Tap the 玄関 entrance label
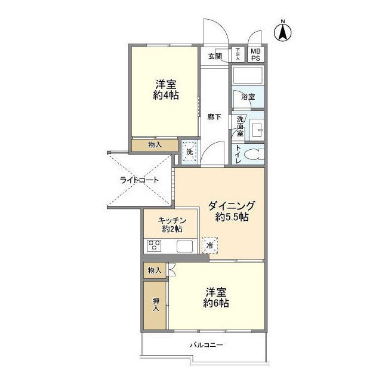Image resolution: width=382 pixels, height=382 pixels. coord(215,56)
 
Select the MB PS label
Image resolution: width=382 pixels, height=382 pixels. coord(255,54)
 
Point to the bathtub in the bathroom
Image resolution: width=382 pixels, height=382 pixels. coord(248,76)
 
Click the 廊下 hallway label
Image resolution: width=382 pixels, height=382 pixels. coord(214,116)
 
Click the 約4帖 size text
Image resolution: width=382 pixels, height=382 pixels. coord(166,95)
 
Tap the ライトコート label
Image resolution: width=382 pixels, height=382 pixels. coord(140,180)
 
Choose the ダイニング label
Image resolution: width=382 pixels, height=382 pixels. coord(232,206)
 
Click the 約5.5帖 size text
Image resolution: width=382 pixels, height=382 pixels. coord(232,218)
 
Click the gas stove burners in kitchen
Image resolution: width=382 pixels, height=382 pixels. coord(155,245)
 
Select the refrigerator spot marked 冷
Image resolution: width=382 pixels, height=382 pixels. coord(210,245)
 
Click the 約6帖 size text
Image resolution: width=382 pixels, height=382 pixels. coord(215,303)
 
